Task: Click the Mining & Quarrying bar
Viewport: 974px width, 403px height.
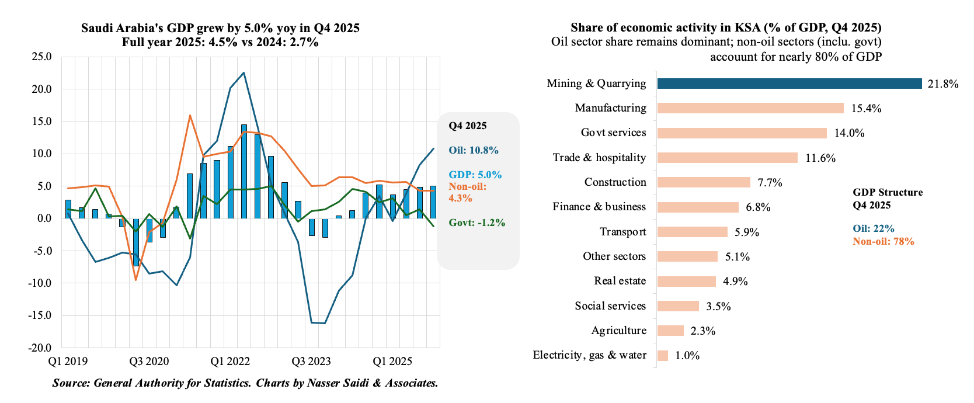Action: [789, 84]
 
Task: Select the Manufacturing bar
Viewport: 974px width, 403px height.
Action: [750, 108]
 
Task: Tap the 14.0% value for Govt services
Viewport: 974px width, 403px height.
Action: [849, 133]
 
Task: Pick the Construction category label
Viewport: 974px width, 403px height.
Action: [615, 182]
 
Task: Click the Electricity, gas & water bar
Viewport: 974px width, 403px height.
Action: [663, 355]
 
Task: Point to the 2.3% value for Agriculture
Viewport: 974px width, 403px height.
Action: [702, 331]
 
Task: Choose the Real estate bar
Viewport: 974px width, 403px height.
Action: [686, 281]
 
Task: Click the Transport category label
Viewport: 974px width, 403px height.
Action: [622, 232]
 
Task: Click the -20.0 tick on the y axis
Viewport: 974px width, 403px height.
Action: [39, 348]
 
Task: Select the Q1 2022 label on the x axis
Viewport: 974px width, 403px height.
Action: [230, 361]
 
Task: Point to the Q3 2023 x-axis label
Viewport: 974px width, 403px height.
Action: [311, 361]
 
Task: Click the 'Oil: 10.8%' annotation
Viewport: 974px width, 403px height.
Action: [474, 150]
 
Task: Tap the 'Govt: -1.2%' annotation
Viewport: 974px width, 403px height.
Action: [476, 223]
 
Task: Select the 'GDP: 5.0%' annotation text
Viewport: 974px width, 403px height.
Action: [475, 175]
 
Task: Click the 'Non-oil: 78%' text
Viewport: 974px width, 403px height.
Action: [883, 241]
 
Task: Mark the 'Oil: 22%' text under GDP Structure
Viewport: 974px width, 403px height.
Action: [873, 228]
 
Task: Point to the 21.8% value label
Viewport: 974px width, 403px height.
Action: [943, 84]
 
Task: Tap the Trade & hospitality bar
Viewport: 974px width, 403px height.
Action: [727, 158]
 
